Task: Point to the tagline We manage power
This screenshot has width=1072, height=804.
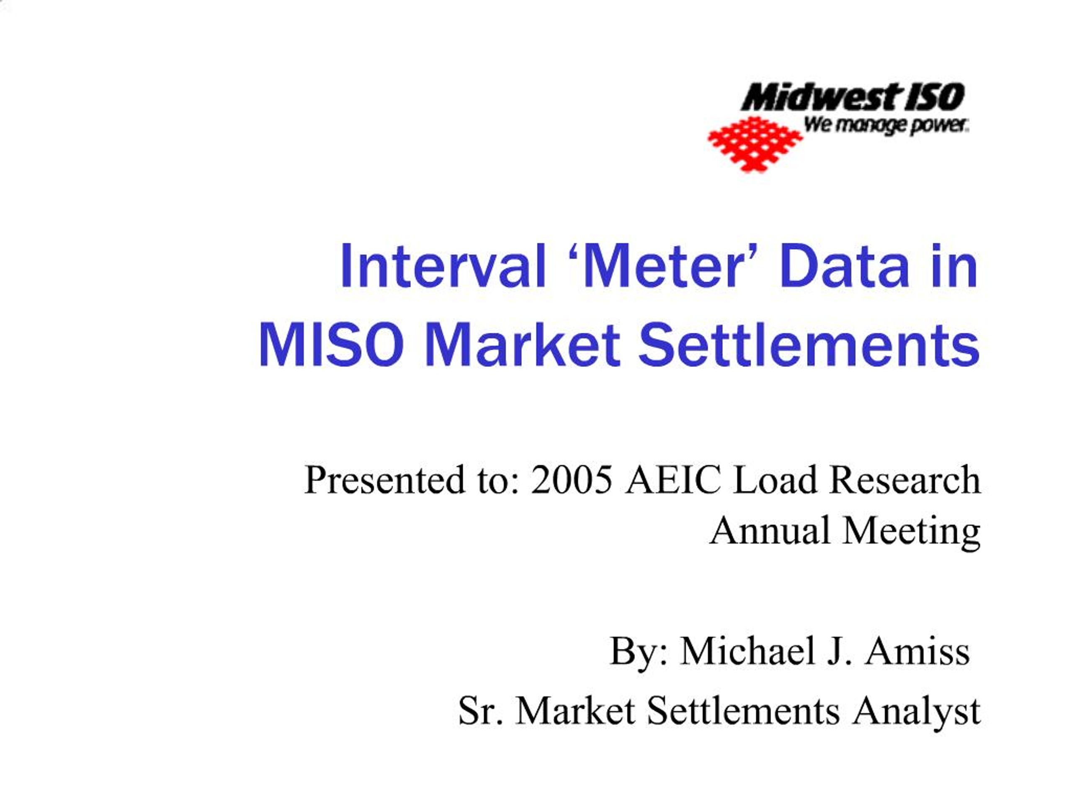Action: pyautogui.click(x=886, y=125)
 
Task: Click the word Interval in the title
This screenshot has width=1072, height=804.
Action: pyautogui.click(x=443, y=267)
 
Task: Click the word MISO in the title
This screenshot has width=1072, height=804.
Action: pyautogui.click(x=332, y=345)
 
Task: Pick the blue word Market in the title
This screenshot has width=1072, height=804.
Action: pyautogui.click(x=523, y=345)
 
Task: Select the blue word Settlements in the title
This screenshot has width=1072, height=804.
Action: pyautogui.click(x=809, y=345)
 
